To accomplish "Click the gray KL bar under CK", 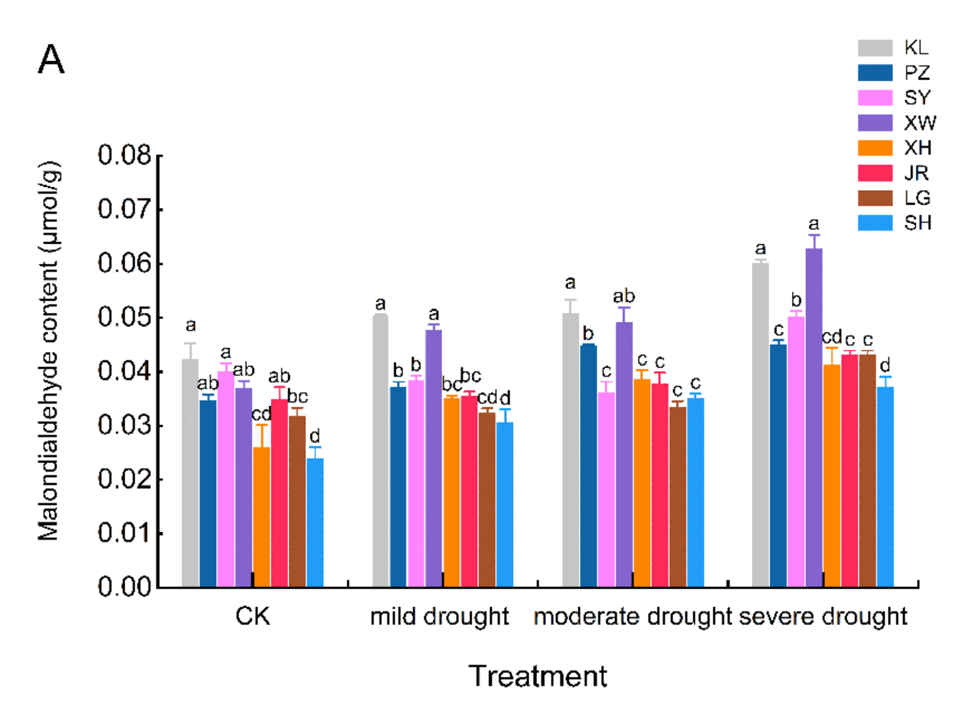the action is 190,473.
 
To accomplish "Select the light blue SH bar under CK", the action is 315,523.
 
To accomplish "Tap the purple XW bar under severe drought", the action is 814,418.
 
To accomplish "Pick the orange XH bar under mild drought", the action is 451,492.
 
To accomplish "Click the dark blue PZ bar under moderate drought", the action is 588,466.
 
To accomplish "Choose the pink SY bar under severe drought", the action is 796,452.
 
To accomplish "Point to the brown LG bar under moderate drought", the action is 678,497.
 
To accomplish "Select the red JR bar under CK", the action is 279,493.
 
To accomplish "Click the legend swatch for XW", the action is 875,123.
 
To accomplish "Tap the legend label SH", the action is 917,223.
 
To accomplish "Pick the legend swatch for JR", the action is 875,173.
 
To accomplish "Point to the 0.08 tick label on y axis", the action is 125,155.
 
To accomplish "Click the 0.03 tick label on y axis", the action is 125,425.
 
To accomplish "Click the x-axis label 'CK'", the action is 252,616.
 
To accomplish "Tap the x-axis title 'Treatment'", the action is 538,676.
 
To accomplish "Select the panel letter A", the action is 51,59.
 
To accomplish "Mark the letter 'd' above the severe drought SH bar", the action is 885,364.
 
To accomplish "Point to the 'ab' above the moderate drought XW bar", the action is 624,296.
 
